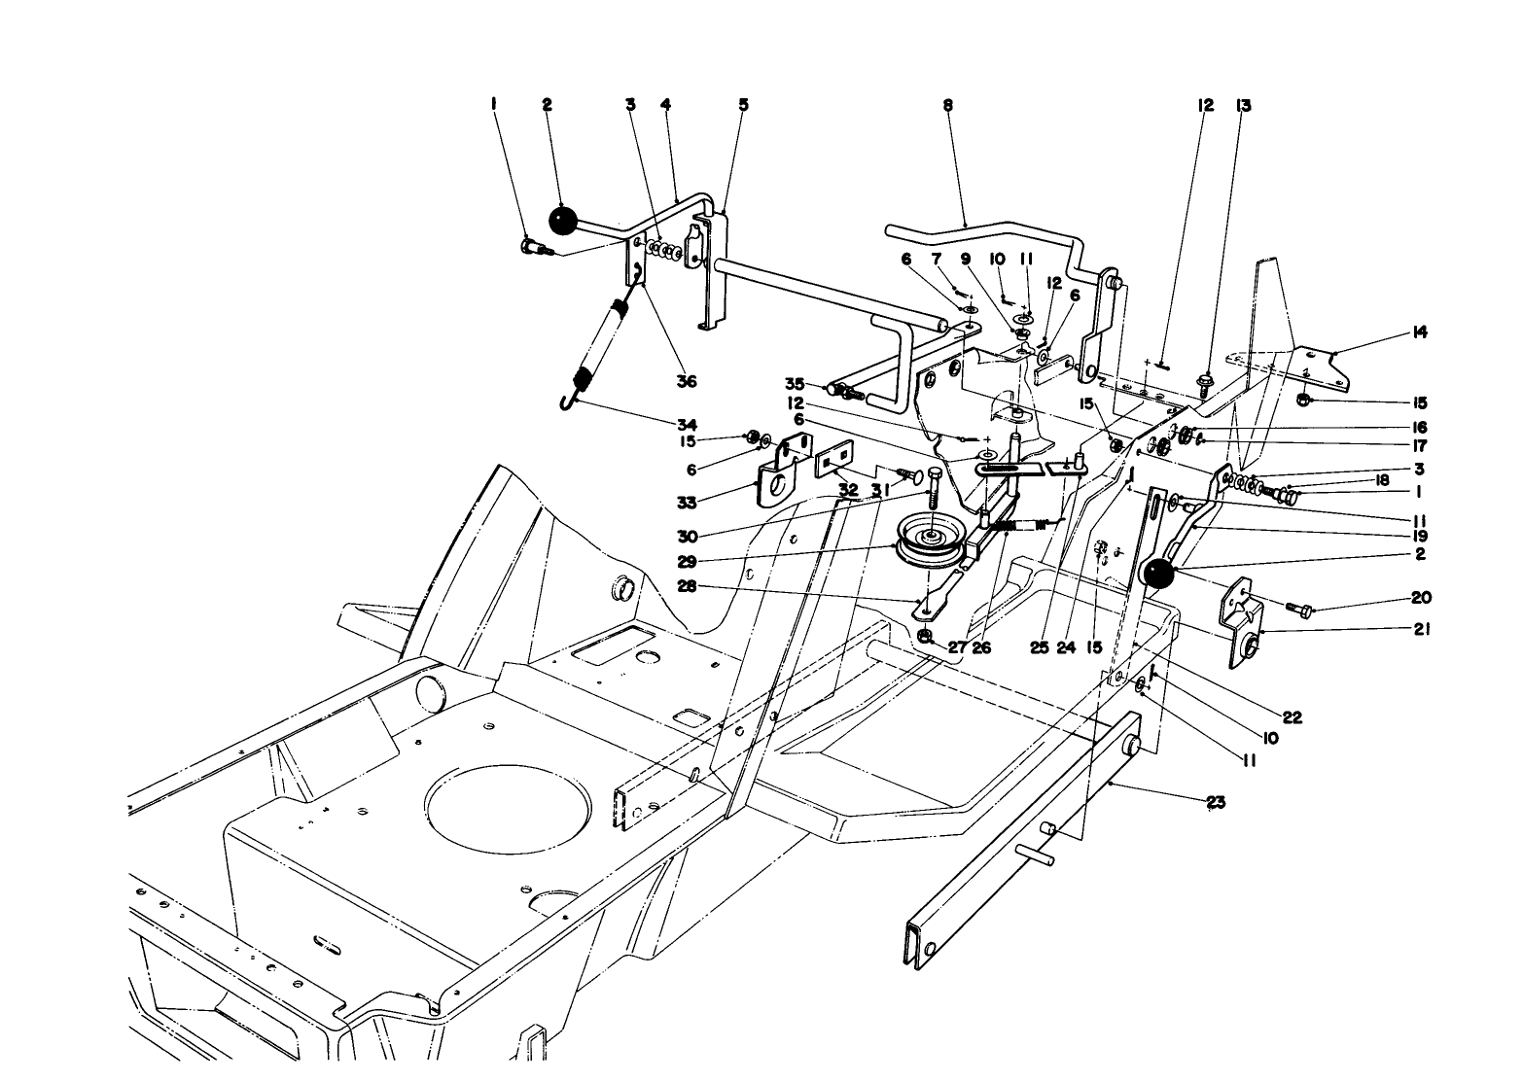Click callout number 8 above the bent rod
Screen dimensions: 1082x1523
point(946,105)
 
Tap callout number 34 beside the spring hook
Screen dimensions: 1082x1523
point(687,425)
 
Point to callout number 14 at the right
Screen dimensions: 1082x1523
point(1419,332)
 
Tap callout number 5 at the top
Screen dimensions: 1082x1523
point(743,105)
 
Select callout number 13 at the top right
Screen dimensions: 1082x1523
point(1243,105)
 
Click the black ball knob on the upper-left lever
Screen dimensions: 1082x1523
point(563,221)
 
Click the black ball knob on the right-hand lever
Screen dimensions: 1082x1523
point(1157,575)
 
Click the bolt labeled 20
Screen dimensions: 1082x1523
point(1298,610)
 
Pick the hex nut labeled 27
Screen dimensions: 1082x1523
point(926,638)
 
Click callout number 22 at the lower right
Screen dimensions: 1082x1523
point(1292,717)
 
